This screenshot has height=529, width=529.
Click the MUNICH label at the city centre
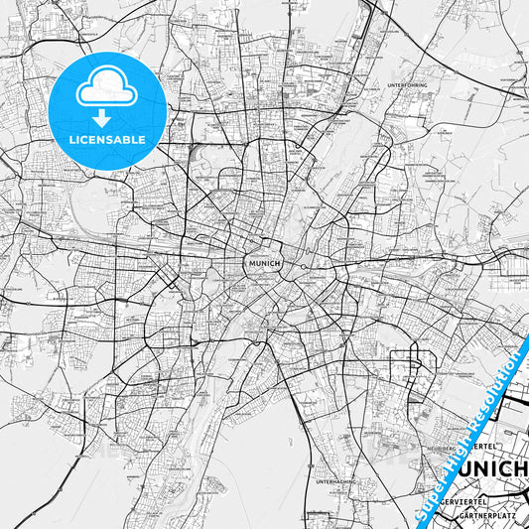[262, 263]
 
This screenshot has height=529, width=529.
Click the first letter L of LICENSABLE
[71, 139]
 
